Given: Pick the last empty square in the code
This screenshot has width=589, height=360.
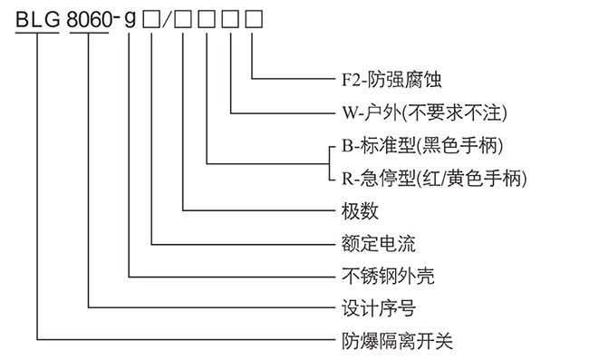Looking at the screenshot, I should (256, 16).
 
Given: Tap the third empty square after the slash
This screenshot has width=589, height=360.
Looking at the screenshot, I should (232, 16).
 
